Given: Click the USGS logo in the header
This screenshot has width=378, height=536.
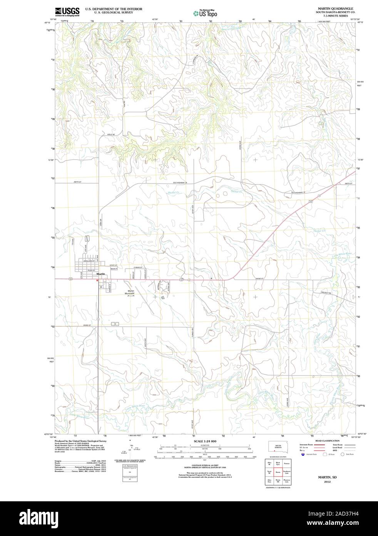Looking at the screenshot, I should pos(67,12).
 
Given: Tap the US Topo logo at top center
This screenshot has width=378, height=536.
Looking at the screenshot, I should pos(205,13).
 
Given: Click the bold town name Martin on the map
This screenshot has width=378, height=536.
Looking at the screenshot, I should pos(101,274).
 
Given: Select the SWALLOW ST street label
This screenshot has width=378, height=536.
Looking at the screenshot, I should pos(89,261).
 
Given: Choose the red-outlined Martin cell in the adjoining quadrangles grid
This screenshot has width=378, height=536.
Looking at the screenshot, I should pos(277,472).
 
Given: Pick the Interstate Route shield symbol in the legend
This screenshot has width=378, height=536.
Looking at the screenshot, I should pos(303,455).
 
